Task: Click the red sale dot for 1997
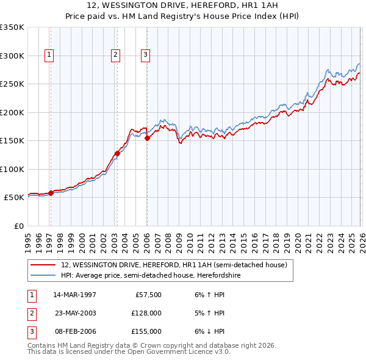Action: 51,193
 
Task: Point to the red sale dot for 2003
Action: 117,153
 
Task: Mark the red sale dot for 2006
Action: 147,138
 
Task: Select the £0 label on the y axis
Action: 18,226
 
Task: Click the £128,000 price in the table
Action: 146,313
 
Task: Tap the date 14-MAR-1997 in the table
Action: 74,295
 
